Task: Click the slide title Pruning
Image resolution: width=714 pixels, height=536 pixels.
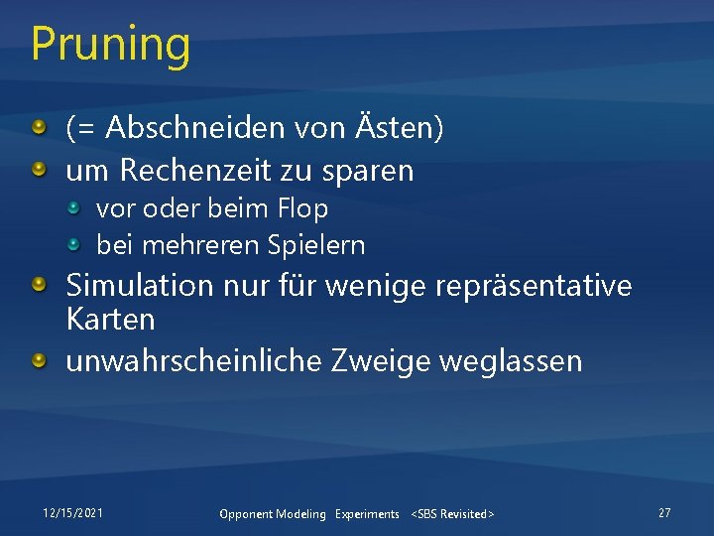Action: point(110,45)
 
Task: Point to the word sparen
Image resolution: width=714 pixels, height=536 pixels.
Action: point(367,171)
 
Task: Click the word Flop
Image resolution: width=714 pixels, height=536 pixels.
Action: point(302,209)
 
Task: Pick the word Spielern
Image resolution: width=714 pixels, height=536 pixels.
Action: point(320,245)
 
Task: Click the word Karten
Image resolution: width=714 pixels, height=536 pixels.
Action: point(110,320)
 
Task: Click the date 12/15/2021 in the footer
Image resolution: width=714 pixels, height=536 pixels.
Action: point(72,512)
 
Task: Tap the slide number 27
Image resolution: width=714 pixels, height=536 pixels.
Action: point(664,512)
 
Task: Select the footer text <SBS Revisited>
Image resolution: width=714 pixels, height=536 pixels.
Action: point(452,514)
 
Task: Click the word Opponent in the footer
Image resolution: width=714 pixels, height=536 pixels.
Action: point(244,514)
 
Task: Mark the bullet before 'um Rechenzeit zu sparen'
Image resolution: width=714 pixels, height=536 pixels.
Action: point(38,171)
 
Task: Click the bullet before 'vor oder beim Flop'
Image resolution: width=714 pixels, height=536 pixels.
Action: point(75,208)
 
